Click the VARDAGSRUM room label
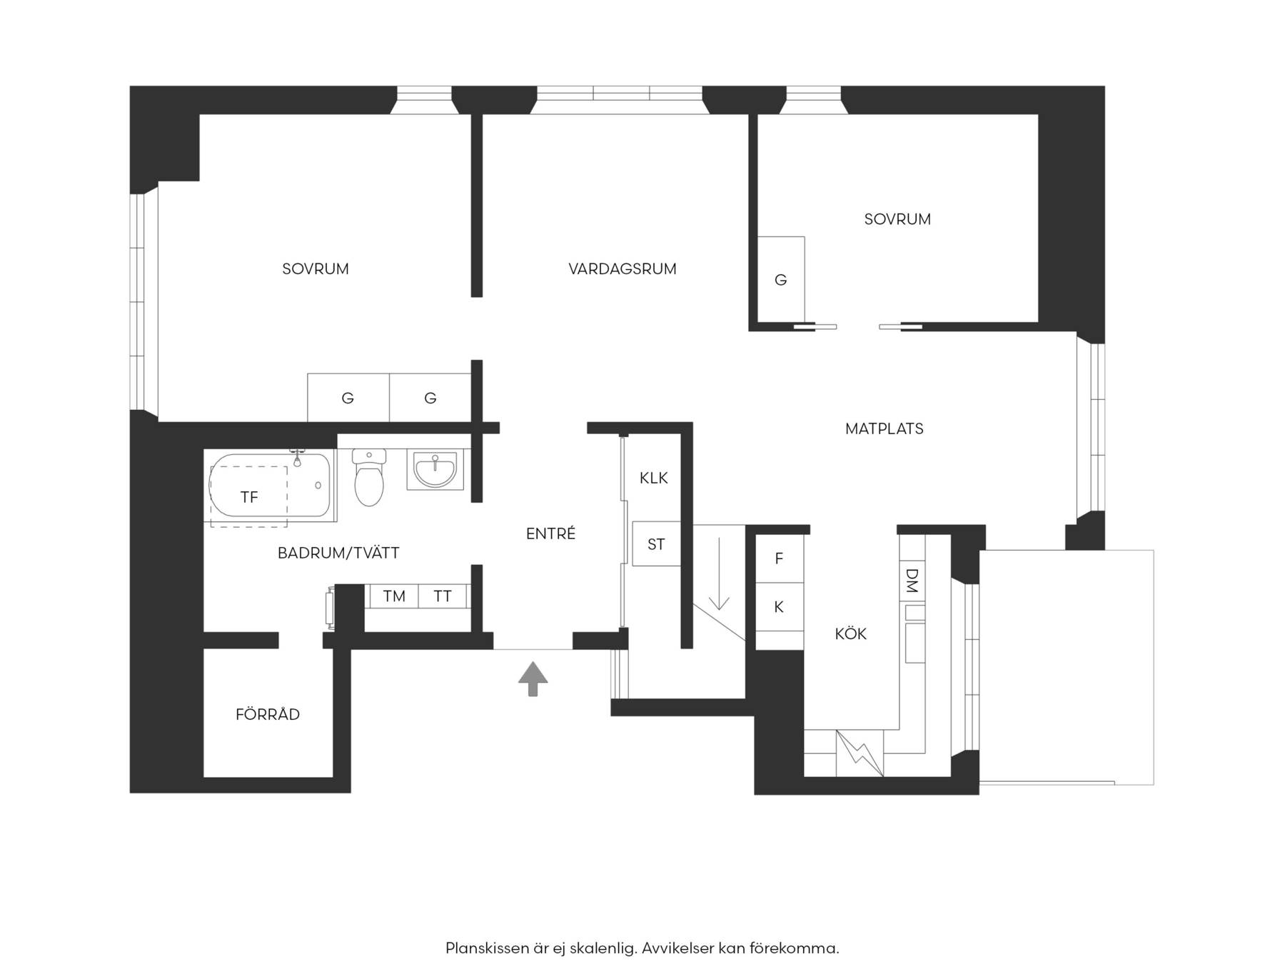(x=623, y=269)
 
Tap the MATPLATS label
(x=885, y=429)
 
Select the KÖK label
(x=851, y=633)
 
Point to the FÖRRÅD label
(x=268, y=714)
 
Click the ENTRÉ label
(x=550, y=533)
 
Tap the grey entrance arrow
(x=533, y=678)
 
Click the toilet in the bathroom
(x=369, y=477)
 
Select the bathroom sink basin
(x=435, y=469)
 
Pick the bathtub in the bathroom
(x=271, y=485)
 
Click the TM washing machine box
(x=393, y=596)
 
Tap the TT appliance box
(x=443, y=596)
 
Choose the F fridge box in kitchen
(x=780, y=558)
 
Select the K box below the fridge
(x=780, y=607)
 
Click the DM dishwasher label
(x=912, y=580)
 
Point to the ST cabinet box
(x=656, y=544)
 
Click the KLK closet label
(x=654, y=478)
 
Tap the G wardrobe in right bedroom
(x=781, y=280)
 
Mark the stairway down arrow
(x=719, y=573)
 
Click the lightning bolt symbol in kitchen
(x=860, y=753)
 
